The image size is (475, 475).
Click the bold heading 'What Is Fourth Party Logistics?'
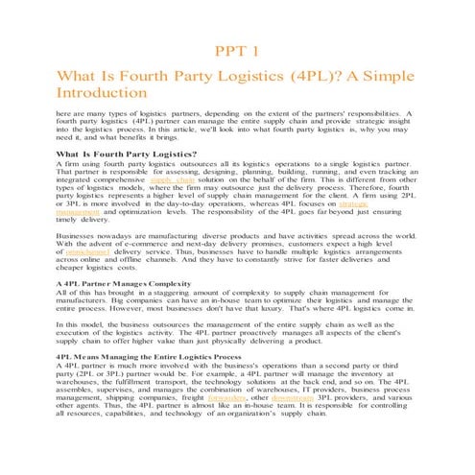coord(127,154)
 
